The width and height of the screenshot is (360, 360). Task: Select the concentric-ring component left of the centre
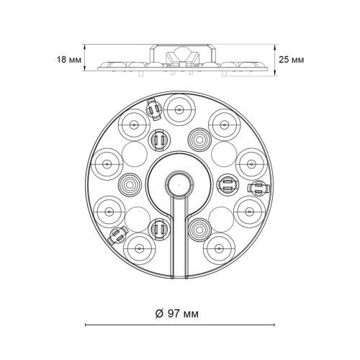(129, 184)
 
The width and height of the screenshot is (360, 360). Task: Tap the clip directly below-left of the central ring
(157, 230)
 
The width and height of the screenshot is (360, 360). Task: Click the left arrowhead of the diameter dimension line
(88, 326)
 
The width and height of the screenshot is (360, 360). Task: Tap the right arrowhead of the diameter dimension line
(269, 326)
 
